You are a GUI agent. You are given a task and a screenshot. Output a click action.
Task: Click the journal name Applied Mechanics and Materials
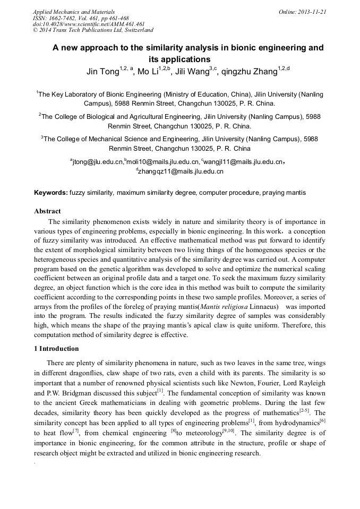73,12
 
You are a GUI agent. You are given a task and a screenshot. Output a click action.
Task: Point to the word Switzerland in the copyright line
136,31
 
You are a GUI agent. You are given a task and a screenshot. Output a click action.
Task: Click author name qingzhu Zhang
249,72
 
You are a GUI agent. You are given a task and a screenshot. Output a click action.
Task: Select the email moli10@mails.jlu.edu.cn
163,162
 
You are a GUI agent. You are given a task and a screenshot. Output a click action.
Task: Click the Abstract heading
47,211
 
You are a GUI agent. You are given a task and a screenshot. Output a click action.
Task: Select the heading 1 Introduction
56,349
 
